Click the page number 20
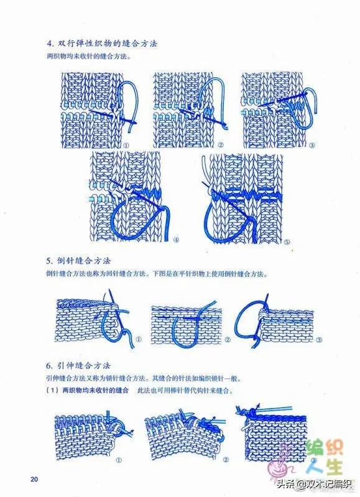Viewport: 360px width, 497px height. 34,479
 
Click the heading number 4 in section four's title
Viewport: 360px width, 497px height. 49,43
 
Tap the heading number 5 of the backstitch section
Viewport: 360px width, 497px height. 48,261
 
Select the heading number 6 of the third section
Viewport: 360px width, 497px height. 48,366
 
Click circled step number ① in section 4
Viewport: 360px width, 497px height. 126,145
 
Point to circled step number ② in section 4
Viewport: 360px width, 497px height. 221,145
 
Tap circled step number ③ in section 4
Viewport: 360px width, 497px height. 312,145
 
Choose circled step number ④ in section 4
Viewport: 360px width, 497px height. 177,240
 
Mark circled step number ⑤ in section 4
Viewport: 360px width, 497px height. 287,242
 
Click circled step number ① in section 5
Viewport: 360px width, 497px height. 139,339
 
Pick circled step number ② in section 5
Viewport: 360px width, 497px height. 228,340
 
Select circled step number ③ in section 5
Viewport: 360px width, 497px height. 319,340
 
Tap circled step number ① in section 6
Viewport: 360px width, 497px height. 119,460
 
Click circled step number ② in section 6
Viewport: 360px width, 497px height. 226,460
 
